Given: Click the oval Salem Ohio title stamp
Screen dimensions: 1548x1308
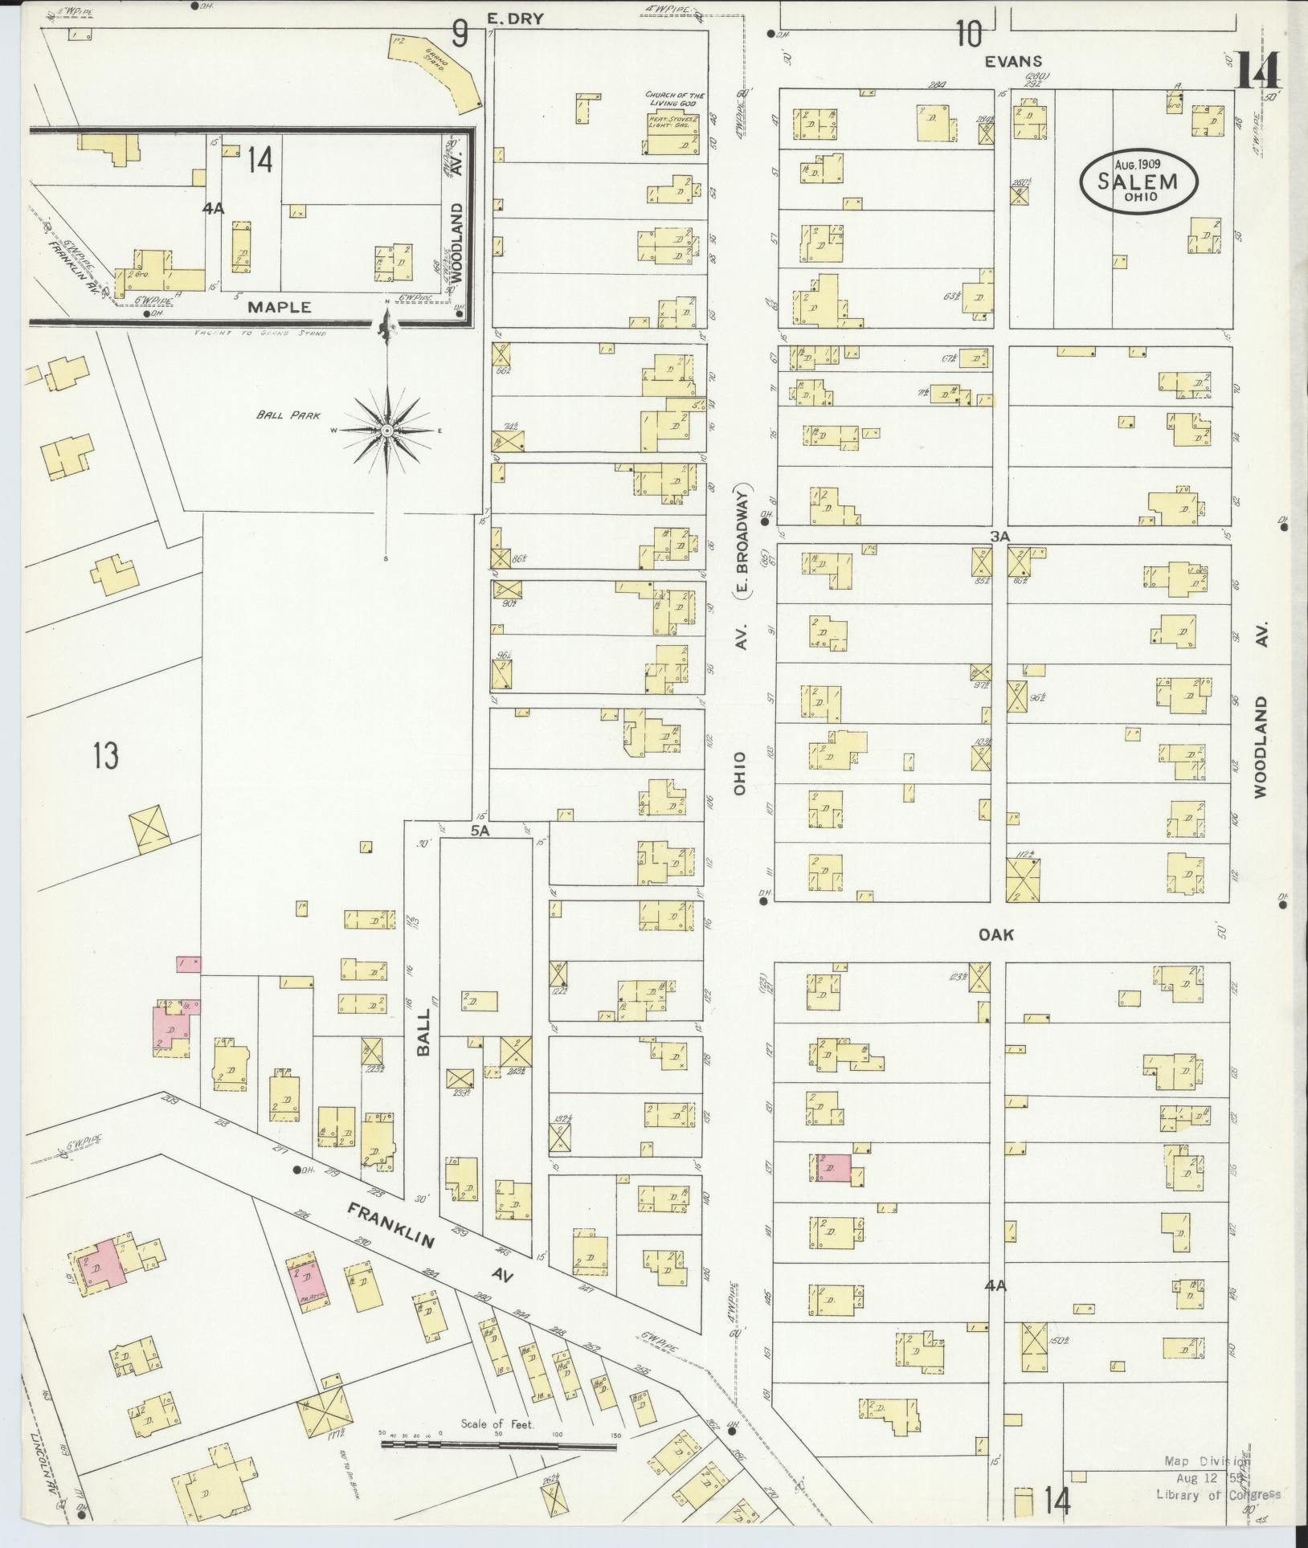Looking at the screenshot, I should click(x=1138, y=182).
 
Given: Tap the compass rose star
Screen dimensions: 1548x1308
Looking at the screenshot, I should click(x=387, y=431).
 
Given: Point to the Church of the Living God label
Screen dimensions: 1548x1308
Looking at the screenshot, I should click(x=675, y=100).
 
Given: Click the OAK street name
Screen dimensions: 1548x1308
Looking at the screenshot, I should click(x=996, y=934).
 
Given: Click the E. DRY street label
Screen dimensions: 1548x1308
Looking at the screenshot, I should click(x=515, y=18).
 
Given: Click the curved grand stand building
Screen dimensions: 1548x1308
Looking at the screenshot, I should click(x=439, y=71).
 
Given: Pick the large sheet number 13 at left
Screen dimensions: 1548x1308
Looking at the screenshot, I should click(x=105, y=756).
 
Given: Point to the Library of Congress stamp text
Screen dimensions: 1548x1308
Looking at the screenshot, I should click(x=1217, y=1493).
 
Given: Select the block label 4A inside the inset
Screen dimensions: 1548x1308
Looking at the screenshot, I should click(x=213, y=209).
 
